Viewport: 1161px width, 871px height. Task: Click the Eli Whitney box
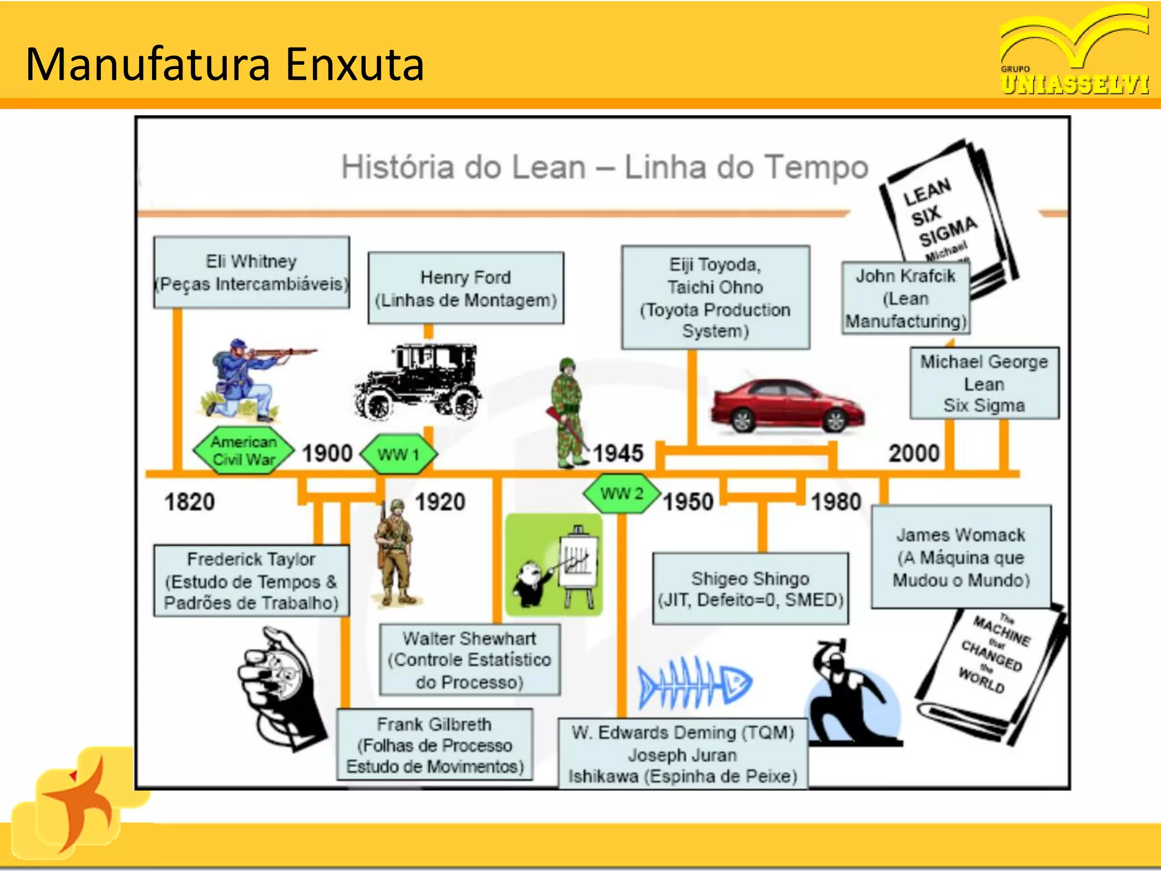pos(251,272)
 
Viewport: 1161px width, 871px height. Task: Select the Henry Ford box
pos(465,288)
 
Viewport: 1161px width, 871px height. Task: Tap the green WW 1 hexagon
pos(399,454)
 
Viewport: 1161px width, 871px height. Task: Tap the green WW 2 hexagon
pos(622,493)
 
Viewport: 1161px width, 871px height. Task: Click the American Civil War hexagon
pos(244,450)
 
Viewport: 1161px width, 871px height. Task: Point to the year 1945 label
pos(618,453)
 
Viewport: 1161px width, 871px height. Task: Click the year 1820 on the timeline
pos(189,502)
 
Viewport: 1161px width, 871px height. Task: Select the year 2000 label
pos(914,453)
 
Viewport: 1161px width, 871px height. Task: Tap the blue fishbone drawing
pos(694,683)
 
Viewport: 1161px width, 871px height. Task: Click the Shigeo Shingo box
pos(751,589)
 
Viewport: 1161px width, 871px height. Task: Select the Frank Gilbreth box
pos(435,745)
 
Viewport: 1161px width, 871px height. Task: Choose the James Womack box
pos(961,557)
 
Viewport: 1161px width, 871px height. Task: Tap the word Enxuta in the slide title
pos(354,64)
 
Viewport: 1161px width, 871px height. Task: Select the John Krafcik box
pos(905,298)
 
